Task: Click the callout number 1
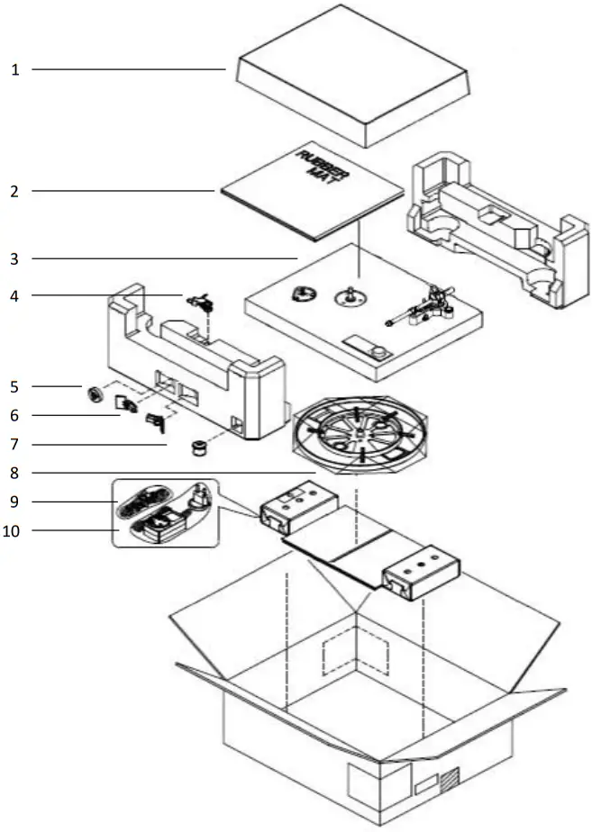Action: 15,69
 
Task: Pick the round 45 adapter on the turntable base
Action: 304,294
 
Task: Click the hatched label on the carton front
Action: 448,775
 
